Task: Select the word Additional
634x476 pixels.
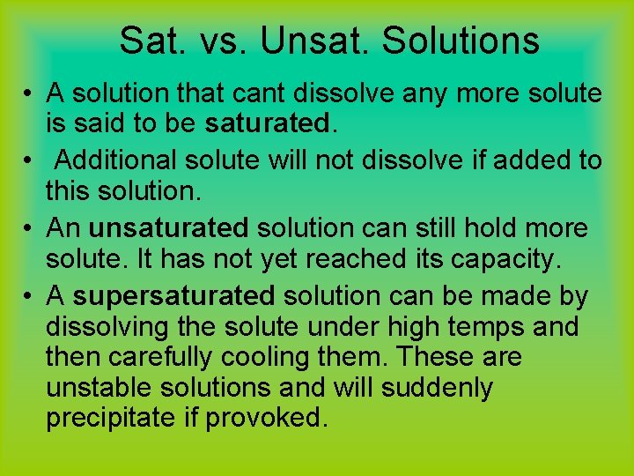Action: (x=120, y=160)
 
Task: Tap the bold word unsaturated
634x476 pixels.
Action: (x=169, y=228)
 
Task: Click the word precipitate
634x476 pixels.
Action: (x=111, y=419)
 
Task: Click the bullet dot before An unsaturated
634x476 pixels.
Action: (x=29, y=228)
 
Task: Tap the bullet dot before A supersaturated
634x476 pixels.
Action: (x=29, y=295)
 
